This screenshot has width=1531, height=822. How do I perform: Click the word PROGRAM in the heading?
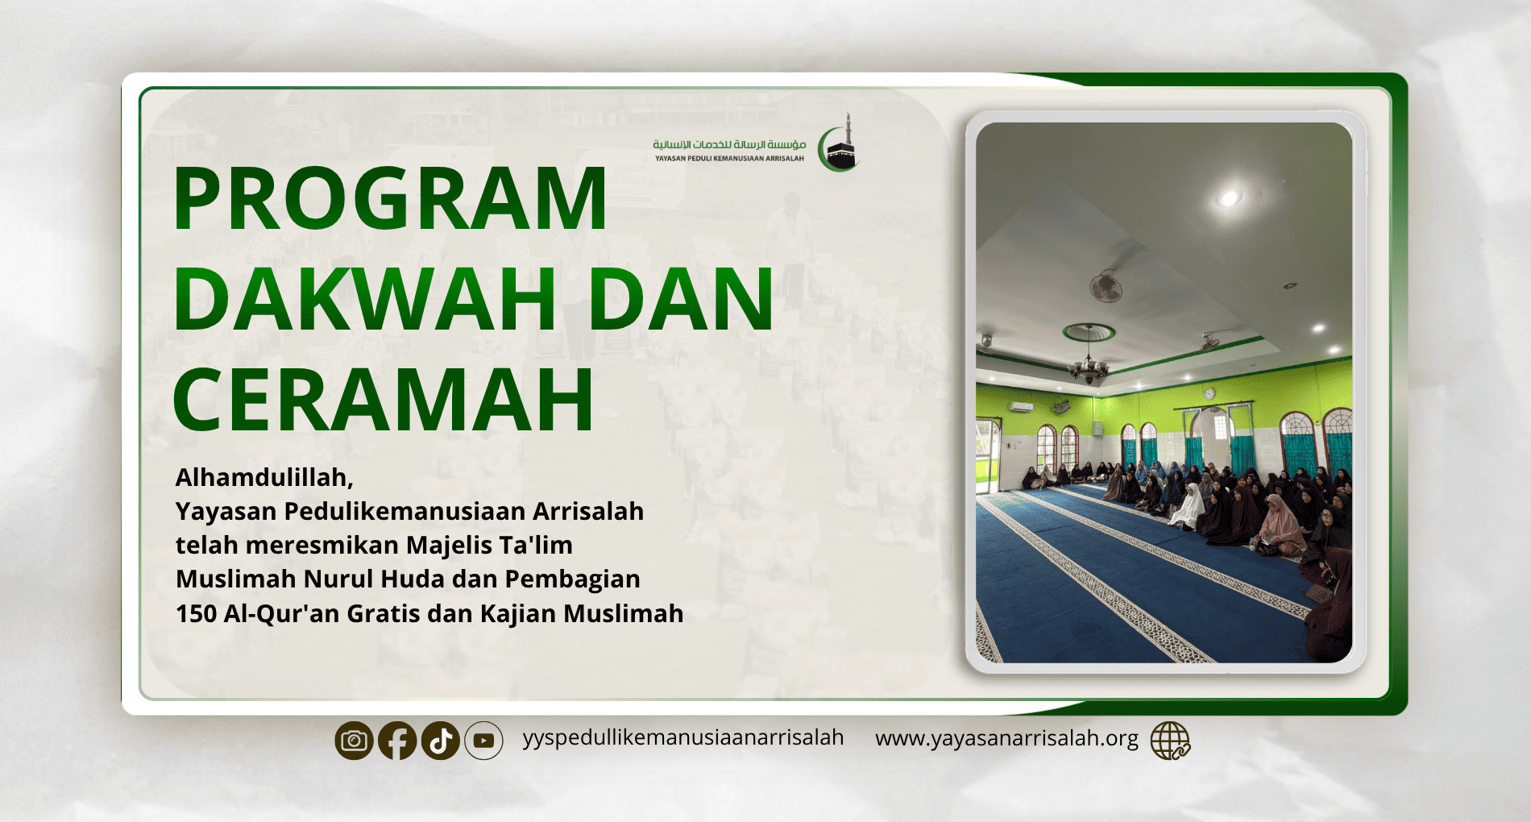(x=390, y=198)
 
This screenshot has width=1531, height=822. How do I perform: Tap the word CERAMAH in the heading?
(x=384, y=400)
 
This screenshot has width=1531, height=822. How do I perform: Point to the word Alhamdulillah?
(x=264, y=478)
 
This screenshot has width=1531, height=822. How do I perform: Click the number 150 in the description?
(x=196, y=614)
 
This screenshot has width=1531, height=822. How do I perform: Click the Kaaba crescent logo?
(x=839, y=143)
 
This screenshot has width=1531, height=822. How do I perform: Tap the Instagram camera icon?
(x=354, y=741)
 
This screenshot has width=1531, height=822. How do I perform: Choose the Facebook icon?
(x=397, y=741)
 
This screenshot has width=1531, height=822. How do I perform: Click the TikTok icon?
(x=440, y=741)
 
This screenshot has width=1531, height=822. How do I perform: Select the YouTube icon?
(x=483, y=741)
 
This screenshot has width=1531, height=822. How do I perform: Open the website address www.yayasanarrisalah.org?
(x=1006, y=739)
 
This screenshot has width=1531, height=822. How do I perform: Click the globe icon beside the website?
(x=1170, y=741)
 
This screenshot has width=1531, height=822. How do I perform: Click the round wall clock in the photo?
(x=1209, y=393)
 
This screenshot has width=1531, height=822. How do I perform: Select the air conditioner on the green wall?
(x=1021, y=407)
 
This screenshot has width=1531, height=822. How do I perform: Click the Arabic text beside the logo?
(x=729, y=144)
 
